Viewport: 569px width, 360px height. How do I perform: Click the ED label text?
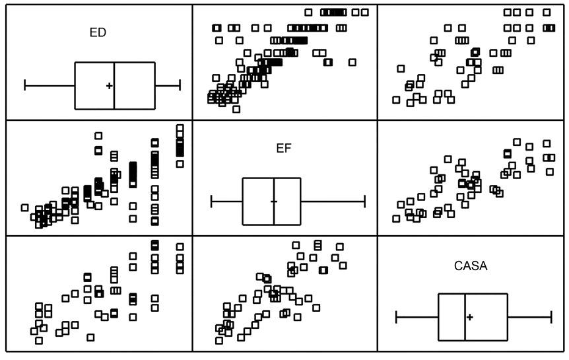point(98,32)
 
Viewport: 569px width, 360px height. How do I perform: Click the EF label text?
point(283,148)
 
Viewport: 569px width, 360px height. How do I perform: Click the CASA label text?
point(471,266)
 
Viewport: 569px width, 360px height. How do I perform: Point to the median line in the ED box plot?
point(114,86)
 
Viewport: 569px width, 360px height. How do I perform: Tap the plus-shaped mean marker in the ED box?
point(109,86)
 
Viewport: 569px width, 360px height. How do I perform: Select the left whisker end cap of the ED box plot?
point(24,85)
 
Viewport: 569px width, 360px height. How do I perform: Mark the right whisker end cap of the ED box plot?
point(180,85)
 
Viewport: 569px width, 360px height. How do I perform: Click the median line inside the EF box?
point(274,201)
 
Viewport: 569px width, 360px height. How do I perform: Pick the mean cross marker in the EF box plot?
point(274,201)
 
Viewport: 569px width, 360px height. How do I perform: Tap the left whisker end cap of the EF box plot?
point(212,201)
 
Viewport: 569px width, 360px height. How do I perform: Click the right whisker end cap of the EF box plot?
point(364,201)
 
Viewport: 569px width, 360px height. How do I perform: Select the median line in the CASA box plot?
point(465,317)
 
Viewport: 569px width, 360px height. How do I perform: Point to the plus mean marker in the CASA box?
point(470,317)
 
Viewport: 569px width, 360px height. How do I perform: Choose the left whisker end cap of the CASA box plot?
point(396,317)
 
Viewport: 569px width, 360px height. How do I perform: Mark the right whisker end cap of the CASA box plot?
point(552,317)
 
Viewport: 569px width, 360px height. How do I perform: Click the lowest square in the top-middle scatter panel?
point(236,109)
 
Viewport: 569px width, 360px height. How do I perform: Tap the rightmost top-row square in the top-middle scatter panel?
point(364,13)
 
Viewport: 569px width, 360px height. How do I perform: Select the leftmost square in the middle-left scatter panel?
point(24,208)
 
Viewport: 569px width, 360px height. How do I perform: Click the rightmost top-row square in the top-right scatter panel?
point(547,13)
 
